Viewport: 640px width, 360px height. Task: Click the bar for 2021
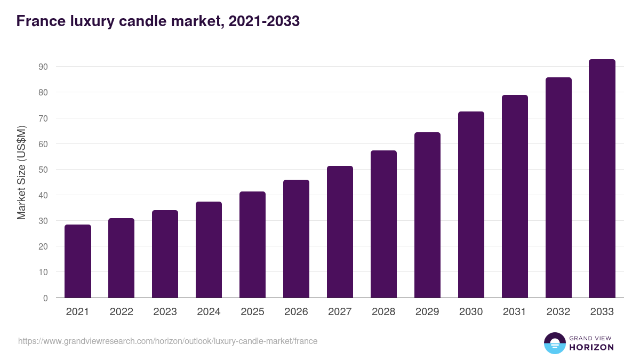[x=78, y=261]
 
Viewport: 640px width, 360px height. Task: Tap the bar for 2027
[x=340, y=232]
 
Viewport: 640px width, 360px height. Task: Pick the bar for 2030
[x=471, y=205]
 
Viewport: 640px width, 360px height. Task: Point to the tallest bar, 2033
[x=602, y=179]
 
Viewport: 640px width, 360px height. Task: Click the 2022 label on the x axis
[x=122, y=312]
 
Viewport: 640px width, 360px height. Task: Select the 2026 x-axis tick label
[x=297, y=312]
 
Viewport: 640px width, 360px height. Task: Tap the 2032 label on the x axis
[x=558, y=312]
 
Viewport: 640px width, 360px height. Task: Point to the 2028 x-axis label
[x=384, y=312]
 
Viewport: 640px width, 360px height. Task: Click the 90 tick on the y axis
[x=43, y=67]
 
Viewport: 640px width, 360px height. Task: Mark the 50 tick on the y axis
[x=43, y=170]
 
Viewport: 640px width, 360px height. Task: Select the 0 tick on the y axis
[x=46, y=298]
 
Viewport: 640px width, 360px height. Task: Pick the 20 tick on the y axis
[x=43, y=246]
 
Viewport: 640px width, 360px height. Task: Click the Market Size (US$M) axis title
[x=21, y=172]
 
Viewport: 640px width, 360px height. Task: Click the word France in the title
[x=38, y=21]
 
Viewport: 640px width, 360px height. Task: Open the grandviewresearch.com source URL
[x=167, y=341]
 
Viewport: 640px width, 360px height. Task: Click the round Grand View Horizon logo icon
[x=555, y=343]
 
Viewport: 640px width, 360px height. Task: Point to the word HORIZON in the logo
[x=592, y=347]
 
